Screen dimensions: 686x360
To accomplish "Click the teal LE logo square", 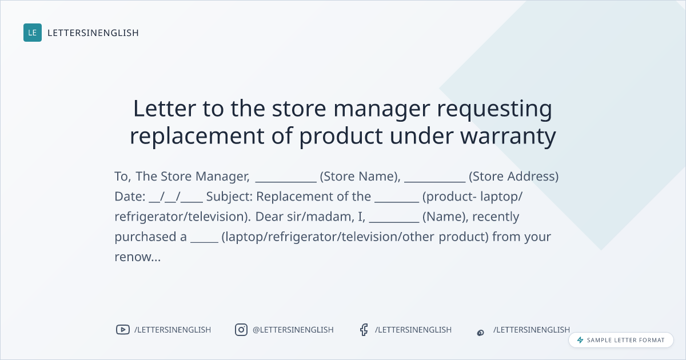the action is click(x=33, y=33).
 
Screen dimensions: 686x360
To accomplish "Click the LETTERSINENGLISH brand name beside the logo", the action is click(x=93, y=33).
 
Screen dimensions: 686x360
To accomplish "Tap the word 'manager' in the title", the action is click(x=382, y=109).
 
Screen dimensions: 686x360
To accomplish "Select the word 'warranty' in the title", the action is click(x=508, y=137).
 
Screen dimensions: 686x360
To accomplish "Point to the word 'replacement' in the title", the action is click(x=197, y=136).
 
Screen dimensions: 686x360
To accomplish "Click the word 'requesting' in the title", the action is click(x=494, y=109).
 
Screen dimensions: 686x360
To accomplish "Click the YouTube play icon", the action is click(x=123, y=330).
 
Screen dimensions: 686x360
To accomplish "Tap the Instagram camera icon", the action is click(x=241, y=330).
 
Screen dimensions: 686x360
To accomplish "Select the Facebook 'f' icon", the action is click(x=364, y=330).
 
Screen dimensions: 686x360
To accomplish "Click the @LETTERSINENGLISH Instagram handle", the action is click(x=293, y=330).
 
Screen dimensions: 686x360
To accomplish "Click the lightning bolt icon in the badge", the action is click(x=580, y=340).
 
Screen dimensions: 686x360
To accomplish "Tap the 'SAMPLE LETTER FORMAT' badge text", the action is click(x=625, y=340).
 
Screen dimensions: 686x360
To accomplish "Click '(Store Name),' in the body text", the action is click(x=360, y=177).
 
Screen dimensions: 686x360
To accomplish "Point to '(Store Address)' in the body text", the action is click(x=513, y=177).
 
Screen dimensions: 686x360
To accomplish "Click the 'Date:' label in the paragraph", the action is click(x=130, y=197).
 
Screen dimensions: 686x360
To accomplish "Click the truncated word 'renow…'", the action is click(x=138, y=257).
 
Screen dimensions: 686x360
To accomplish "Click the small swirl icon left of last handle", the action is click(x=481, y=333).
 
